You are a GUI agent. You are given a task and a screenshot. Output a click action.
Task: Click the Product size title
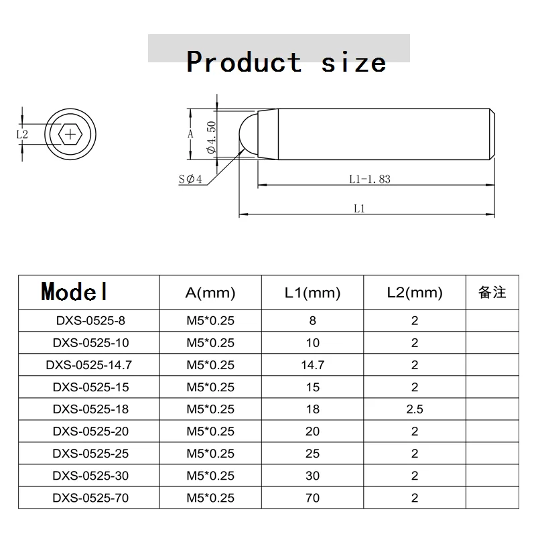(x=286, y=62)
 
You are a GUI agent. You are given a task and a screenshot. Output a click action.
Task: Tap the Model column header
(x=74, y=291)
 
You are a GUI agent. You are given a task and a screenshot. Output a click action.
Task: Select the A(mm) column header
(x=210, y=292)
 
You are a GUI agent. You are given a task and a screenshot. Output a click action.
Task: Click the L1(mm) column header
(x=312, y=292)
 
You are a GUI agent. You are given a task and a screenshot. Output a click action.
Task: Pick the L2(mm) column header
(x=415, y=292)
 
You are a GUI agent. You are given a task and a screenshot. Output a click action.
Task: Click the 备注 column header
(x=492, y=292)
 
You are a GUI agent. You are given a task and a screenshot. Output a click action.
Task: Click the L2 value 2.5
(x=415, y=409)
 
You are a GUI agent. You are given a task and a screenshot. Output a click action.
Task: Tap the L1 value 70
(x=312, y=498)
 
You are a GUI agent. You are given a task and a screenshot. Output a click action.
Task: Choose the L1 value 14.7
(x=312, y=365)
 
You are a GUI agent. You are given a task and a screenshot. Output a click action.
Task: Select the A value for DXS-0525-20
(x=210, y=431)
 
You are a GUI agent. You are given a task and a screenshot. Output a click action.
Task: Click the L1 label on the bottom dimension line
(x=358, y=208)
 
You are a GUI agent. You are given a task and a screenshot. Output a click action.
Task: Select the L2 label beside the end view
(x=21, y=134)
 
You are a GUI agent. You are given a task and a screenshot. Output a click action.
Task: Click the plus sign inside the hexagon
(x=70, y=134)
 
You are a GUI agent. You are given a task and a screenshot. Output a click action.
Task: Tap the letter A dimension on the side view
(x=190, y=134)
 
